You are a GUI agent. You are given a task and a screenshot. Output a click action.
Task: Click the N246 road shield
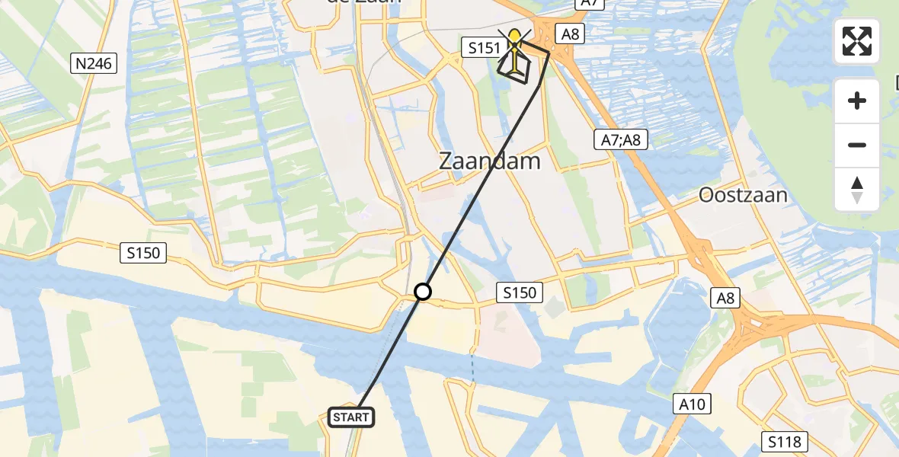(94, 63)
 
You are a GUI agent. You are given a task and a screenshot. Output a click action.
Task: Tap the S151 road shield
(484, 49)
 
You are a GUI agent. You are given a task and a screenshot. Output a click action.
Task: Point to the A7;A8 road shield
(620, 139)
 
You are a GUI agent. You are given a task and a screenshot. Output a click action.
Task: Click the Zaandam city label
(490, 161)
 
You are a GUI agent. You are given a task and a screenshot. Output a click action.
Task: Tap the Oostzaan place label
(743, 196)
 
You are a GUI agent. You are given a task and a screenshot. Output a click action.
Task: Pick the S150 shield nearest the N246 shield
(143, 252)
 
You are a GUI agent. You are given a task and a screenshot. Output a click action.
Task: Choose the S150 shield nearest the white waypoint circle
(520, 292)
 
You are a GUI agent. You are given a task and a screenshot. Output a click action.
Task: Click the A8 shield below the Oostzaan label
(725, 298)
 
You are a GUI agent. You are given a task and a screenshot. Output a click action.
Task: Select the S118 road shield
(783, 441)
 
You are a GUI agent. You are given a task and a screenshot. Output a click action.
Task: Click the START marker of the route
(351, 417)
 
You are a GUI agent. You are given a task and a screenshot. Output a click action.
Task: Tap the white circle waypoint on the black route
(423, 291)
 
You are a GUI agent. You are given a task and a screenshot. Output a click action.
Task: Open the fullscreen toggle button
(857, 41)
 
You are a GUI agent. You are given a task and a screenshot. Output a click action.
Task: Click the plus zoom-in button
(857, 101)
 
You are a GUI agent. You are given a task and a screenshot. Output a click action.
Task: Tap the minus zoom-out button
(857, 145)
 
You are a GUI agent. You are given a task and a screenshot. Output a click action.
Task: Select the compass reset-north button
(857, 189)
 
